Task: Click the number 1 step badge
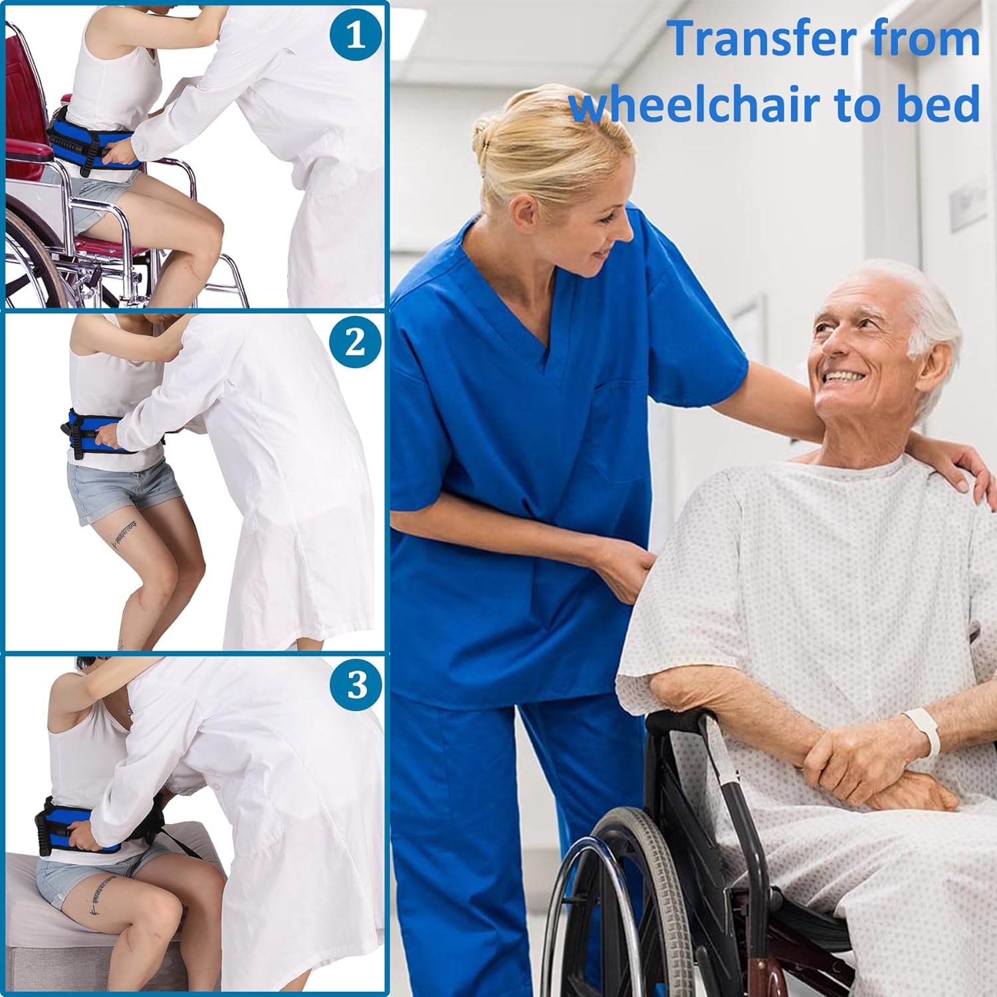[356, 34]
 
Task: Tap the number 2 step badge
[356, 342]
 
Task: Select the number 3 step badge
[356, 684]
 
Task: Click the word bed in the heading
[939, 104]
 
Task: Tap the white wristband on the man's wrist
[925, 731]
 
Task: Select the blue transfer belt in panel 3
[73, 824]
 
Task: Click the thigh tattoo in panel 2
[126, 532]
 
